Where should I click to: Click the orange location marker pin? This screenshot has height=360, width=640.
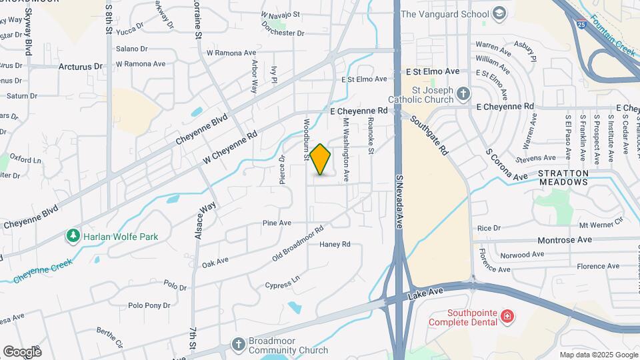[x=321, y=159]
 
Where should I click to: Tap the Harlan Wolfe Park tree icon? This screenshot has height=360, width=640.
[x=73, y=236]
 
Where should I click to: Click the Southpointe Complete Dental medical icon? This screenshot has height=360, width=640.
[x=507, y=315]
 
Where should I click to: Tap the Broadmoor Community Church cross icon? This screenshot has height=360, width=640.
[x=239, y=344]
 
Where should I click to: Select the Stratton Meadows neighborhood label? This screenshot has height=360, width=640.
[x=563, y=179]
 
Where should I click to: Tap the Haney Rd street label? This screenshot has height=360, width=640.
[x=335, y=245]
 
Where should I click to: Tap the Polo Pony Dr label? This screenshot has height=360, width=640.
[x=149, y=305]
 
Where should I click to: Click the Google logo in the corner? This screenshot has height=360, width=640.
[x=21, y=351]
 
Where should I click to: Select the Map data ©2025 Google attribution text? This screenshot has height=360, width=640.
[x=599, y=355]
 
